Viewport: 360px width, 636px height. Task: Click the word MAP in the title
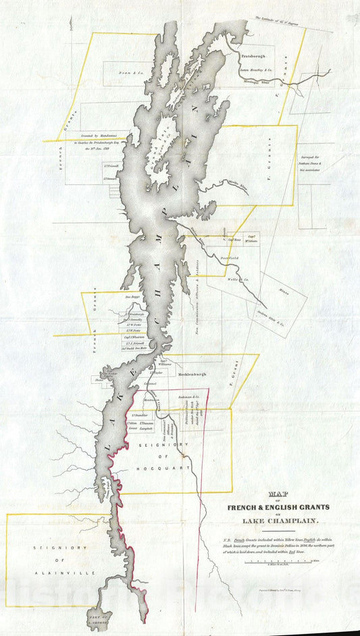[x=278, y=493]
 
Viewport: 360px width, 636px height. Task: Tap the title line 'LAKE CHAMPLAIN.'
[x=278, y=520]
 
